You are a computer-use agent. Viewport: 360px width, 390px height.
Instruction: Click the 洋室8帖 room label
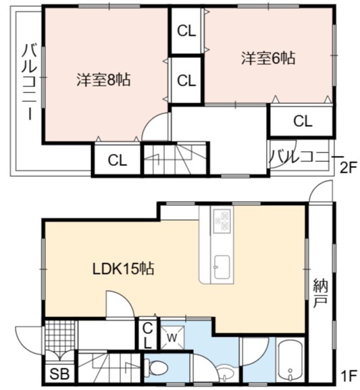[x=103, y=80]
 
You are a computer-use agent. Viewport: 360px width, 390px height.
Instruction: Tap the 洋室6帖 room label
[x=268, y=58]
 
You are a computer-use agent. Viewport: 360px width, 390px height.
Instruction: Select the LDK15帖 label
[x=123, y=269]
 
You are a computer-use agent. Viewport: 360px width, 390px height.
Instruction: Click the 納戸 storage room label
[x=320, y=294]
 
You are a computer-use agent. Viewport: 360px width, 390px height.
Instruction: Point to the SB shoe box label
[x=59, y=374]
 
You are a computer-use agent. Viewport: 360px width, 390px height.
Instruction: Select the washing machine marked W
[x=172, y=337]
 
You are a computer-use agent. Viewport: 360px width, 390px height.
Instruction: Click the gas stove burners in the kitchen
[x=222, y=221]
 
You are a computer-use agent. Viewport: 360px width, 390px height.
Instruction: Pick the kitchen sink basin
[x=222, y=267]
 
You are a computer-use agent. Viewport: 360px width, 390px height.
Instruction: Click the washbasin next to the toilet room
[x=226, y=372]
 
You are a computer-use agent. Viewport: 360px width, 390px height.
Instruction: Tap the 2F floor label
[x=349, y=168]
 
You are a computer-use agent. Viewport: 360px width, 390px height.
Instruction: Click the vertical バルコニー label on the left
[x=29, y=82]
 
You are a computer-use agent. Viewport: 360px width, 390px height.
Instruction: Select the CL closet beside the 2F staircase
[x=118, y=160]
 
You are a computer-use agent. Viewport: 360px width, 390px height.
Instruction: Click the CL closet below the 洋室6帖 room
[x=303, y=121]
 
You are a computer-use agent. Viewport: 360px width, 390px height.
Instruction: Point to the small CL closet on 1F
[x=148, y=335]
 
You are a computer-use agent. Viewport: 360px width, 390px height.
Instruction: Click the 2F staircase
[x=175, y=159]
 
